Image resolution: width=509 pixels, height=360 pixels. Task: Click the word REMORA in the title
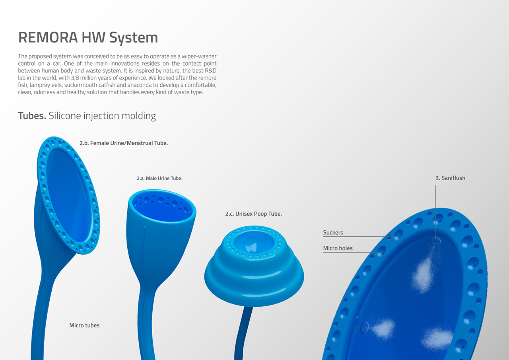click(x=48, y=37)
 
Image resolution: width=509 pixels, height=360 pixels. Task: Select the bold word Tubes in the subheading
click(x=32, y=116)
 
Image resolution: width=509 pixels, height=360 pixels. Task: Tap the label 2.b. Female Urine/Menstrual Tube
click(x=124, y=143)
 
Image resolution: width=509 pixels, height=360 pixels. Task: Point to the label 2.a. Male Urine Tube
click(x=159, y=178)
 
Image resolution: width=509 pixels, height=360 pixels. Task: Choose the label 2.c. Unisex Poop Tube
click(x=253, y=214)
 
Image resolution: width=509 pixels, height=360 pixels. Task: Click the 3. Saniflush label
click(x=450, y=178)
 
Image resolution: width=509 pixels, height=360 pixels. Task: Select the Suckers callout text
click(x=333, y=232)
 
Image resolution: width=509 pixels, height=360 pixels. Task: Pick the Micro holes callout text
click(x=338, y=248)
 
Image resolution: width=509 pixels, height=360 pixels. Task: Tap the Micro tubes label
click(x=84, y=325)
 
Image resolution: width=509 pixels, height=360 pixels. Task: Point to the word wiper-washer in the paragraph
click(x=199, y=56)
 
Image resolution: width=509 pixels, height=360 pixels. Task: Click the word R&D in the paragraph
click(x=211, y=70)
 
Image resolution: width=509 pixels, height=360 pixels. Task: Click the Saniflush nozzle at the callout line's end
click(x=435, y=241)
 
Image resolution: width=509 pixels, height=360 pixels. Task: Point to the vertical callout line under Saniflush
click(x=435, y=213)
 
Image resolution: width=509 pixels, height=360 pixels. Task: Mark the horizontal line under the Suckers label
click(x=360, y=237)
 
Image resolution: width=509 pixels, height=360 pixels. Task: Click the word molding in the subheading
click(x=139, y=116)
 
